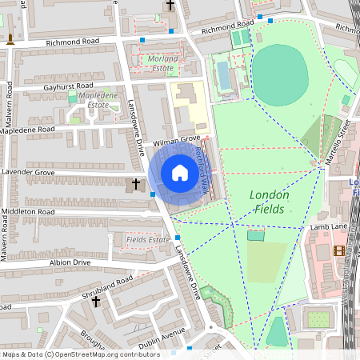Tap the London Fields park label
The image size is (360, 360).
pos(269,201)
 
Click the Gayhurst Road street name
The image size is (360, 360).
pos(69,86)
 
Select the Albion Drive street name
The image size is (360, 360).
pos(70,262)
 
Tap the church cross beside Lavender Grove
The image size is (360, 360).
pos(136,185)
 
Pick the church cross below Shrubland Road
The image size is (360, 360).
pos(96,302)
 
